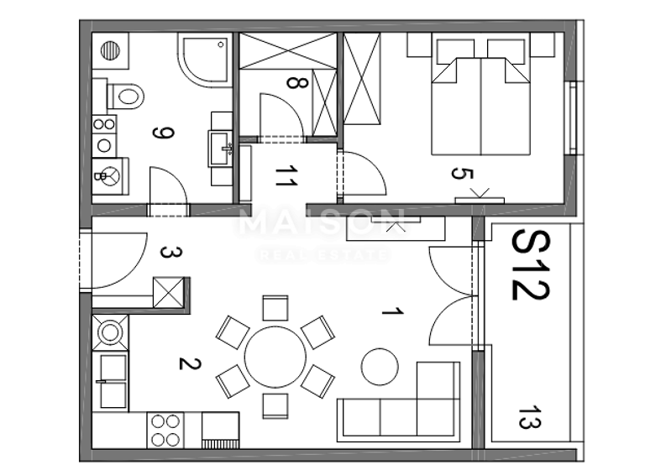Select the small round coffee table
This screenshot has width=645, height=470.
tap(380, 366)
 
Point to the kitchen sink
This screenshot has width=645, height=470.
tap(112, 382)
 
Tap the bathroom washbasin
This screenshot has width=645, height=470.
tap(223, 149)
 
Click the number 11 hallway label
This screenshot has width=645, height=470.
tap(286, 176)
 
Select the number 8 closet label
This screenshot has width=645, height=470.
tap(291, 83)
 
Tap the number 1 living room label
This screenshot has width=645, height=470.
tap(389, 312)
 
